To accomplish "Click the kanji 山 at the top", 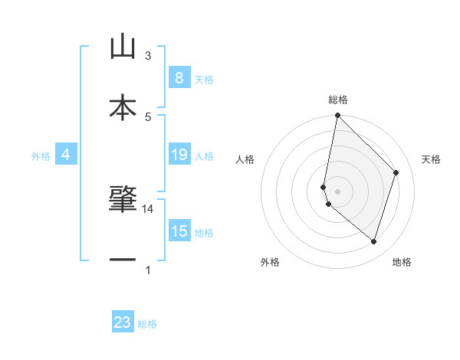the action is click(123, 47).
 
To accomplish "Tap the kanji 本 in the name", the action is click(123, 107).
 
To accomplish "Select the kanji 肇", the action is click(123, 198).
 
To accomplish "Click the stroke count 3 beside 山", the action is click(148, 56).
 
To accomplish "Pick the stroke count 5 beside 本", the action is click(148, 117).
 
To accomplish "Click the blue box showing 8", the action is click(179, 78).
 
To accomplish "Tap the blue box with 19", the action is click(179, 155).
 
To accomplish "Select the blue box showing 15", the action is click(179, 231).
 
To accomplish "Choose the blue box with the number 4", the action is click(66, 155).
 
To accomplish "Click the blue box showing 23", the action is click(123, 322).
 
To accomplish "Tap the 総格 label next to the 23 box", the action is click(148, 324).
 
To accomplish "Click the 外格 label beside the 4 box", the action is click(41, 156).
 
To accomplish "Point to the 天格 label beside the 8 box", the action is click(205, 80).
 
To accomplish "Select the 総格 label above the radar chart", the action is click(338, 100).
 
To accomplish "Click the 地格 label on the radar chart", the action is click(402, 263).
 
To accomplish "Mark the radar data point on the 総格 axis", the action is click(337, 116).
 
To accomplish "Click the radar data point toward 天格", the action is click(396, 172).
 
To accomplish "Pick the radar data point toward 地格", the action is click(374, 242).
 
